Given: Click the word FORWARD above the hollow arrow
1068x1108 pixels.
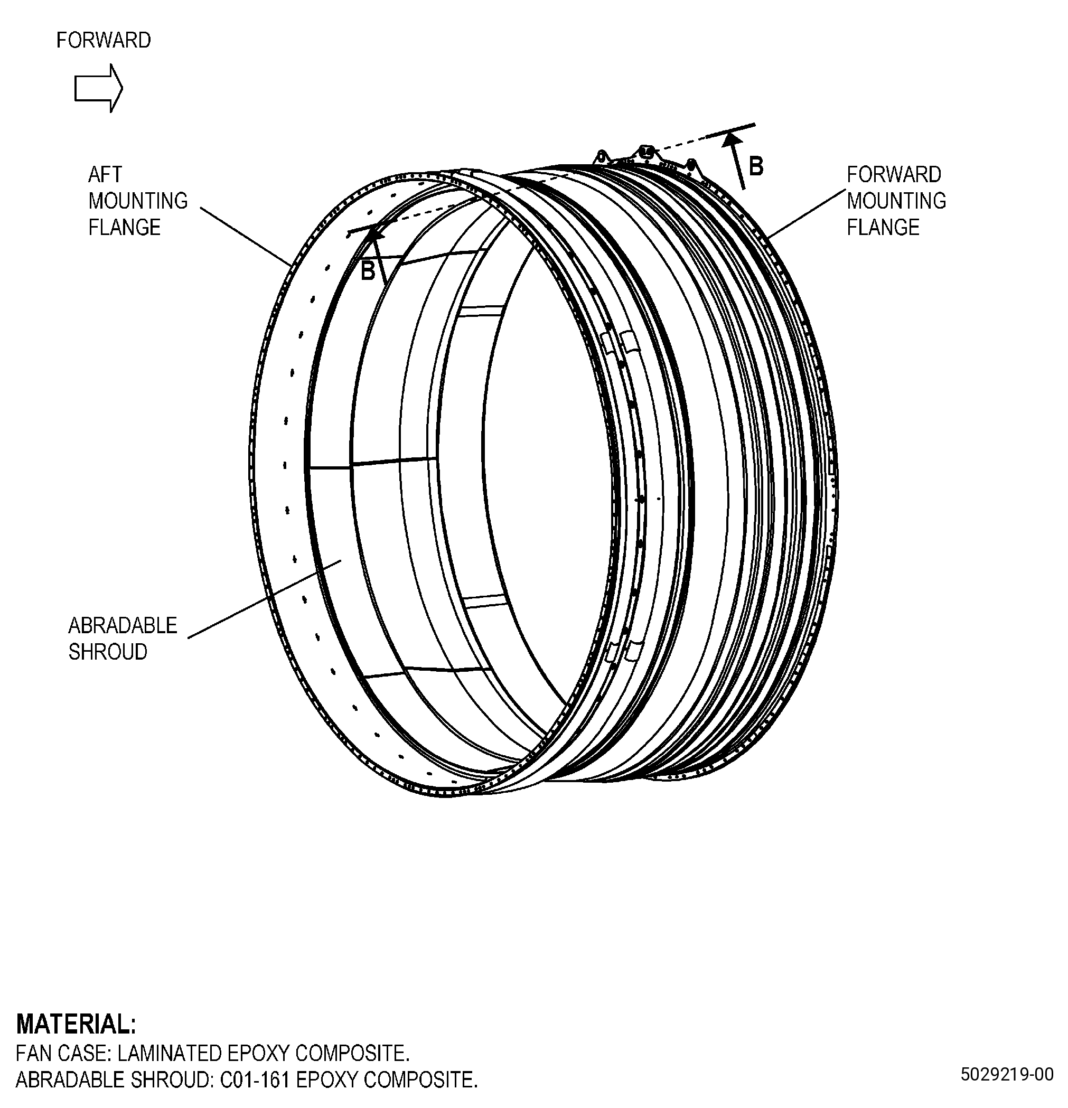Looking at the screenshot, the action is tap(104, 40).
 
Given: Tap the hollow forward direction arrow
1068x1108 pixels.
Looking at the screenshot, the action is tap(98, 88).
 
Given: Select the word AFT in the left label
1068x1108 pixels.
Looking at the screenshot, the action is tap(105, 175).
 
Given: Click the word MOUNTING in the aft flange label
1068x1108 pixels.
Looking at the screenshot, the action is tap(138, 201).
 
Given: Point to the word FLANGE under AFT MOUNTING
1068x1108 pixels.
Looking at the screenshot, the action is tap(124, 227).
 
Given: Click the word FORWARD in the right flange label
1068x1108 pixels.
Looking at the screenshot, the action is tap(894, 175).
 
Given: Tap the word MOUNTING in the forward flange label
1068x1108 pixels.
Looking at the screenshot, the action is tap(896, 201).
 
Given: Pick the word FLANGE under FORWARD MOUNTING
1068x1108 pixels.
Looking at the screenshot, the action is tap(883, 227).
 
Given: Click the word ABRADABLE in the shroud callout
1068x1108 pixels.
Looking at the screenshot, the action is tap(123, 626).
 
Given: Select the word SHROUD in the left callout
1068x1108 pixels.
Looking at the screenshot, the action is tap(108, 652).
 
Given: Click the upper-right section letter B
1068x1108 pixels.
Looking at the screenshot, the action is tap(756, 167).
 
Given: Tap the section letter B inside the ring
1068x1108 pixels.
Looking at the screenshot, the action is tap(368, 271).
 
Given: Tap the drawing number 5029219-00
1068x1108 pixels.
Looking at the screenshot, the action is tap(1007, 1074).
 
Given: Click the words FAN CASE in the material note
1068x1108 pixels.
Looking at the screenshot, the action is tap(62, 1054).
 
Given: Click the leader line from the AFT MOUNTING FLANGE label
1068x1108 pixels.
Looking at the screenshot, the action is tap(246, 236).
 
